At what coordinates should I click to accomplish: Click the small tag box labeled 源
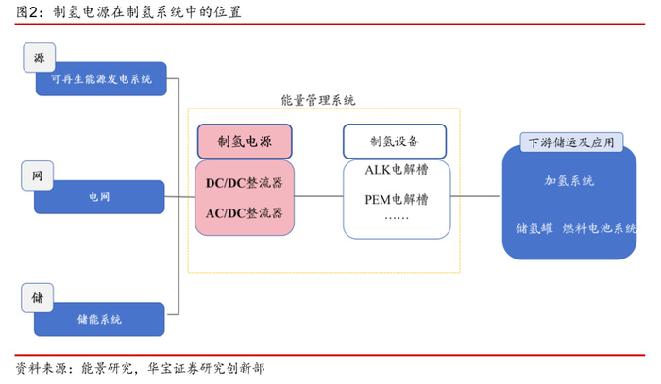coord(39,58)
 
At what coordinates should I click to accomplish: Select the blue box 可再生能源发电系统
coord(100,79)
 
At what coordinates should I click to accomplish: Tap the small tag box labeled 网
coord(38,176)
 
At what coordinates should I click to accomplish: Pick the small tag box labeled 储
coord(38,297)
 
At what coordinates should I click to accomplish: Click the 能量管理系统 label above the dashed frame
coord(318,100)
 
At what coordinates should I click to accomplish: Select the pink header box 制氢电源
coord(245,142)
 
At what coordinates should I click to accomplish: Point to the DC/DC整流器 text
coord(245,180)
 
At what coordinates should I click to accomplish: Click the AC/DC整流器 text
coord(245,212)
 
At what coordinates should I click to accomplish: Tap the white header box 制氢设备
coord(395,142)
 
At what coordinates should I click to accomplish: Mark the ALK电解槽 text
coord(396,170)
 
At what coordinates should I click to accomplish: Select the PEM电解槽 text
coord(396,199)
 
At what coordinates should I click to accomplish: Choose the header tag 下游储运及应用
coord(570,142)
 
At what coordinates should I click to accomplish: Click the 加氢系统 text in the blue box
coord(570,180)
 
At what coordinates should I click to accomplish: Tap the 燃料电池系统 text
coord(600,228)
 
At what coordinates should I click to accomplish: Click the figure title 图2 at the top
coord(124,12)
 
